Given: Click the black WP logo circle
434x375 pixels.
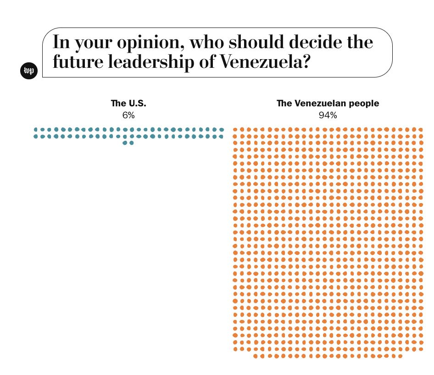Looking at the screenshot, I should tap(29, 71).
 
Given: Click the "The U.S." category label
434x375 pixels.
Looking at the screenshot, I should tap(128, 104).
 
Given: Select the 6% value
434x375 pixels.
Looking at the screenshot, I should tap(128, 116).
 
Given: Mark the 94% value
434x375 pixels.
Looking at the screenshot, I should tap(328, 116).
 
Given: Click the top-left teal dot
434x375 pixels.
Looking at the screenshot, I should tap(36, 130).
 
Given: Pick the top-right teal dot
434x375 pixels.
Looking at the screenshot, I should tap(222, 130).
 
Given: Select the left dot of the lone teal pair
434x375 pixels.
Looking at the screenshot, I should tap(125, 143).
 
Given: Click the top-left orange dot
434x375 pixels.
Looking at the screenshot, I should tap(235, 130).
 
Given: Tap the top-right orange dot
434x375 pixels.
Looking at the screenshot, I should tap(421, 130).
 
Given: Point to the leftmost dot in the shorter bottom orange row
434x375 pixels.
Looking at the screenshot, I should tap(256, 356).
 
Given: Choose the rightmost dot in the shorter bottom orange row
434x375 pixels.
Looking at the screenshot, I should tap(400, 356).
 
